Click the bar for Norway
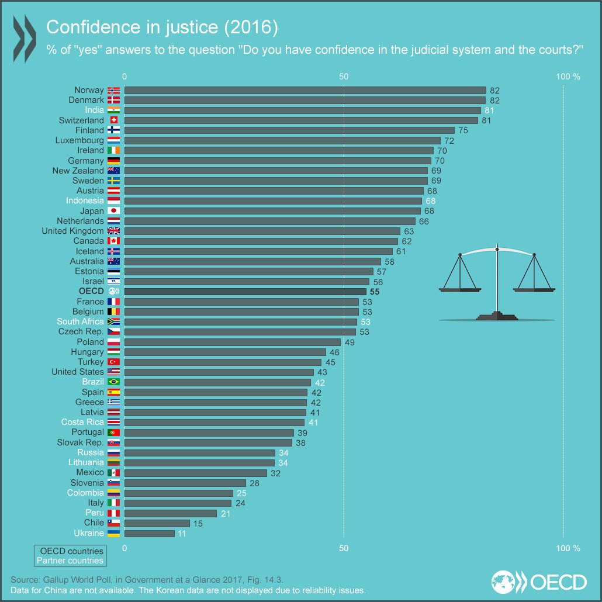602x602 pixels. (x=305, y=90)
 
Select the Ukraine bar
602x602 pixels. (x=150, y=533)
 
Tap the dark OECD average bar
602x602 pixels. (x=245, y=291)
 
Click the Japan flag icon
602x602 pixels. (x=113, y=211)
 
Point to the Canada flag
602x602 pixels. (x=113, y=241)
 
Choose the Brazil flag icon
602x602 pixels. (x=113, y=382)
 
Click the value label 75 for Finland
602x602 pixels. (x=463, y=130)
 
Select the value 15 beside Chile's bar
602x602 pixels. (x=198, y=524)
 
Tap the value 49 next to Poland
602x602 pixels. (x=350, y=342)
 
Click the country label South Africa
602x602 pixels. (x=80, y=321)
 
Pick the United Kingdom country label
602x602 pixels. (x=72, y=231)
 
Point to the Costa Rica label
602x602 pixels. (x=82, y=422)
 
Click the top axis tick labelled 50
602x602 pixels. (x=344, y=77)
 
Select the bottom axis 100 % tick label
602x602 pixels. (x=567, y=548)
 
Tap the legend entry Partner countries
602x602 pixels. (x=70, y=561)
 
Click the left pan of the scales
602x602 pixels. (x=459, y=286)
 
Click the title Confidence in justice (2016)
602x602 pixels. (x=161, y=27)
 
